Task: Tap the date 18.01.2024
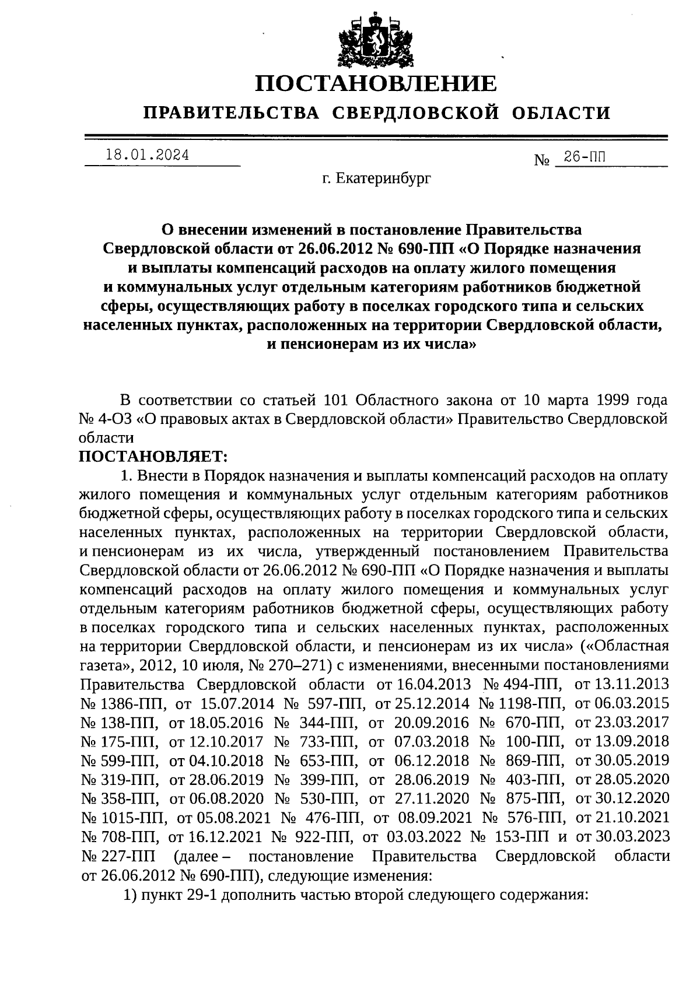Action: pos(147,155)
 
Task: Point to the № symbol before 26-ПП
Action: pos(542,159)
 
